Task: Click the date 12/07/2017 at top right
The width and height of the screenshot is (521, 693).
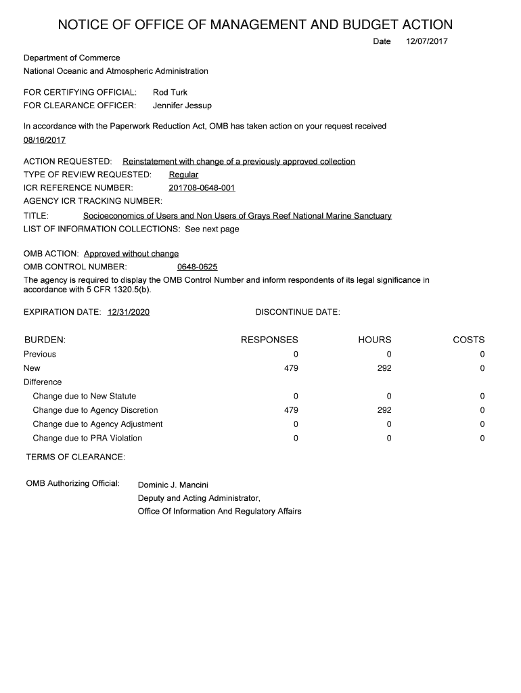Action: click(x=426, y=42)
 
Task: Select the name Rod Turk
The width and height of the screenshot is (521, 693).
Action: click(x=170, y=92)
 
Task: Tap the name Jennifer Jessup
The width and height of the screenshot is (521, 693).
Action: click(x=182, y=106)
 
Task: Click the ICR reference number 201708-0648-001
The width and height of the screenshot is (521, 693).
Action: click(x=202, y=187)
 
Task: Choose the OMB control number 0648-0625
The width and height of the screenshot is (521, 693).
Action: click(x=197, y=267)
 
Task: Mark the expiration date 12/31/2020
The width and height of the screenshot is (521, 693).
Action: click(x=129, y=312)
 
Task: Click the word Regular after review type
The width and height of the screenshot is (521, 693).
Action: click(x=183, y=175)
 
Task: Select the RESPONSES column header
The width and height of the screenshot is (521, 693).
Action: click(x=269, y=340)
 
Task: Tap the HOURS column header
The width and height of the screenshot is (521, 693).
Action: click(x=375, y=340)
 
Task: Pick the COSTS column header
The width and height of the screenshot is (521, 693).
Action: click(x=468, y=340)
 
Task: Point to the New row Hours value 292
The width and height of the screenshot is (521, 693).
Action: click(x=384, y=368)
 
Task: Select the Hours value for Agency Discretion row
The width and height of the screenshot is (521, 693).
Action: click(x=384, y=410)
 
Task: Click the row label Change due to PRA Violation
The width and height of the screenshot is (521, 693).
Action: click(x=87, y=438)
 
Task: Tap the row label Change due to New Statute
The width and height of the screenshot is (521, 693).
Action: click(x=84, y=396)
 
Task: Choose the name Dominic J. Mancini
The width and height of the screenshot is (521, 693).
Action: click(x=173, y=485)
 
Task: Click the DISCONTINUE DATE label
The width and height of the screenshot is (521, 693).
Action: click(x=298, y=312)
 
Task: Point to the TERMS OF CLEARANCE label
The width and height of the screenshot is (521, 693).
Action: click(x=75, y=457)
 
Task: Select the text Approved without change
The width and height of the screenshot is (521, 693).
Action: click(x=131, y=254)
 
